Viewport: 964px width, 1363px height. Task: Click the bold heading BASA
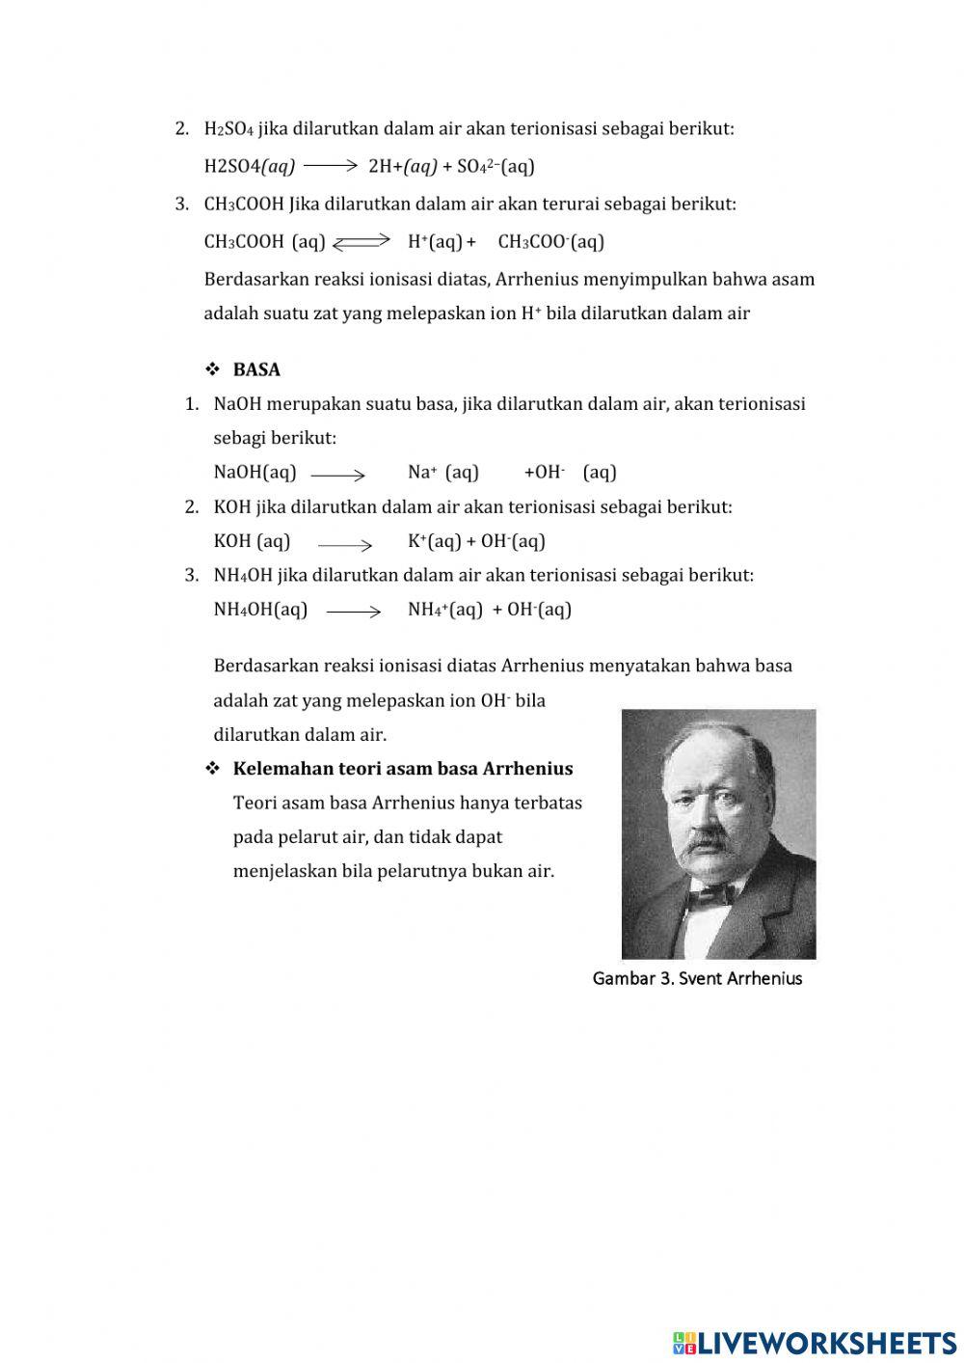256,369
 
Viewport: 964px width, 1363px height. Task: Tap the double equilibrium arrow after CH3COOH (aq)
361,242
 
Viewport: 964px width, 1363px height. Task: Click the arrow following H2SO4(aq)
331,166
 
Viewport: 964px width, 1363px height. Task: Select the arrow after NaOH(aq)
338,474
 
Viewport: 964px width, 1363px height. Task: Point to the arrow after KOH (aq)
345,544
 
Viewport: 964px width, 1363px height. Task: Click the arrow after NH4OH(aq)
354,611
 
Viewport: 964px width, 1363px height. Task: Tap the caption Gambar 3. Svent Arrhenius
697,978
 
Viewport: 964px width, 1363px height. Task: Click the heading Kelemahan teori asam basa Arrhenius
403,769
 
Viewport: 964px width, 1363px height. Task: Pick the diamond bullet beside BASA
212,369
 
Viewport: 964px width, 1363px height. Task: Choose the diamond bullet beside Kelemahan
212,769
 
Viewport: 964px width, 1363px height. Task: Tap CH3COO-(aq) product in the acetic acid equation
550,241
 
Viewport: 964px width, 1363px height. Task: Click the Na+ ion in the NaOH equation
422,472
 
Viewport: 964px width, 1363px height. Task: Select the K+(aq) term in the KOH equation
434,541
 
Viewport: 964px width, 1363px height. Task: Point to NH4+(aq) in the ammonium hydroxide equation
444,610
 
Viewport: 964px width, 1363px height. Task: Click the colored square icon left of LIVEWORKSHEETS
683,1342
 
